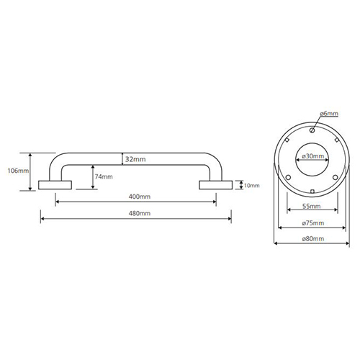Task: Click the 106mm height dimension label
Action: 18,171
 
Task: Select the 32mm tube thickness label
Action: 135,159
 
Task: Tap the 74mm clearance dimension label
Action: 104,176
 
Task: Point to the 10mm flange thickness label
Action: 252,186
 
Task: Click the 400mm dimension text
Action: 140,197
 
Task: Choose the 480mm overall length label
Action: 140,213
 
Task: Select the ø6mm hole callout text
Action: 329,114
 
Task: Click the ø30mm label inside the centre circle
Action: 313,156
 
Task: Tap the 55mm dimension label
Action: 312,206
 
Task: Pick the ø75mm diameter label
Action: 313,223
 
